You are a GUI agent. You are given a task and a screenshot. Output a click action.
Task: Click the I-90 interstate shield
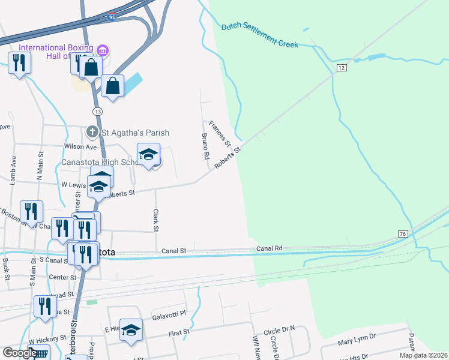tap(112, 17)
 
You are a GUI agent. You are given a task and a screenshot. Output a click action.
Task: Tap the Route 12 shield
tap(341, 68)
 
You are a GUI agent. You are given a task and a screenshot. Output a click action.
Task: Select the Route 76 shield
tap(402, 233)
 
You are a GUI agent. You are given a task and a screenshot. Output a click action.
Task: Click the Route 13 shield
tap(97, 112)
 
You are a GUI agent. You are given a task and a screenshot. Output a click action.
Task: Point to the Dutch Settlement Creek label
tap(260, 35)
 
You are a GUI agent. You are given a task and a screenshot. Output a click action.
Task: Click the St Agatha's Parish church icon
tap(92, 132)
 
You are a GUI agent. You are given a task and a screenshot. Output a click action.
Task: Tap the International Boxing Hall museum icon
tap(102, 49)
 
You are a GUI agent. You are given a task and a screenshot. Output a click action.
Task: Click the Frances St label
tap(220, 133)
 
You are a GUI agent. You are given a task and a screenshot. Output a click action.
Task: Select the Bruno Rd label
tap(206, 146)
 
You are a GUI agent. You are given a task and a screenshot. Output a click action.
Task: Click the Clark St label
tap(155, 220)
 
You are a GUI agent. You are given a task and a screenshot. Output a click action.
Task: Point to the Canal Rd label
tap(270, 248)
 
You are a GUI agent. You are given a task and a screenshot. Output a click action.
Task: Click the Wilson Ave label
tap(80, 146)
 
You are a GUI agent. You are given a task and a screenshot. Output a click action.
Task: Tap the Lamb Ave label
tap(13, 170)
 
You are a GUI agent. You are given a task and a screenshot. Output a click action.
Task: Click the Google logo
tap(20, 353)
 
